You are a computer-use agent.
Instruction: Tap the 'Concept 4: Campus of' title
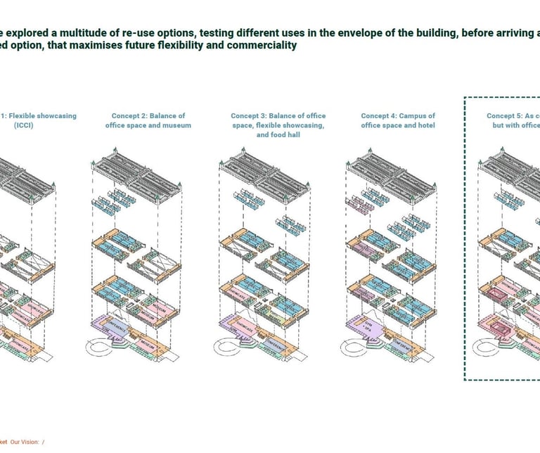tap(398, 116)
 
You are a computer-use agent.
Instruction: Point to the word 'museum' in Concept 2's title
tap(176, 125)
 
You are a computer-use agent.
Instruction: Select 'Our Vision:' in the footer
tap(25, 442)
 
